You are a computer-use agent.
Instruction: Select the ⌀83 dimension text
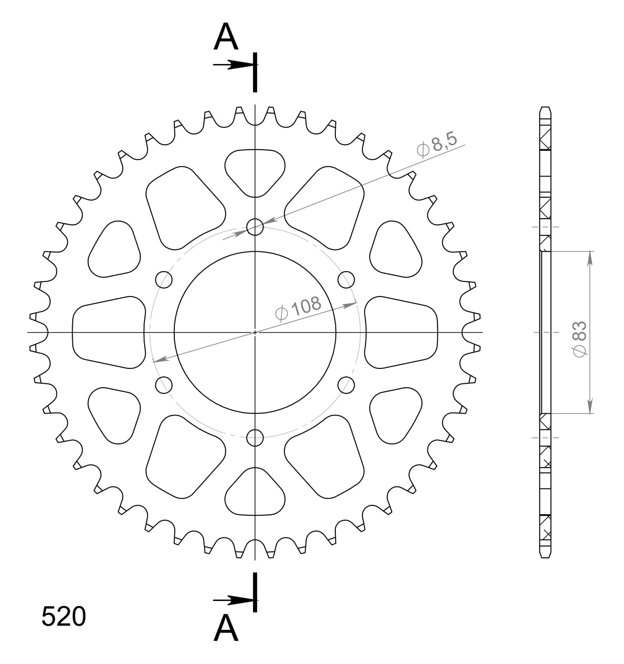click(579, 338)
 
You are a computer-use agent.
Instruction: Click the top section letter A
click(226, 38)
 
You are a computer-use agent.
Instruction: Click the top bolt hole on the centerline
click(255, 228)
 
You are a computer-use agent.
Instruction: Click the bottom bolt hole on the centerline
click(255, 437)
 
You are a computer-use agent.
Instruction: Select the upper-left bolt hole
click(164, 280)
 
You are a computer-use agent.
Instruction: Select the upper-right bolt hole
click(346, 280)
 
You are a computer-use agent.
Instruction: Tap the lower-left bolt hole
click(164, 384)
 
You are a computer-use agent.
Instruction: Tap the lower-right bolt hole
click(346, 384)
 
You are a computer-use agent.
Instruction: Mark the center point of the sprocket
click(255, 332)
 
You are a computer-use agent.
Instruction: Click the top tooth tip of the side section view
click(545, 108)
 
